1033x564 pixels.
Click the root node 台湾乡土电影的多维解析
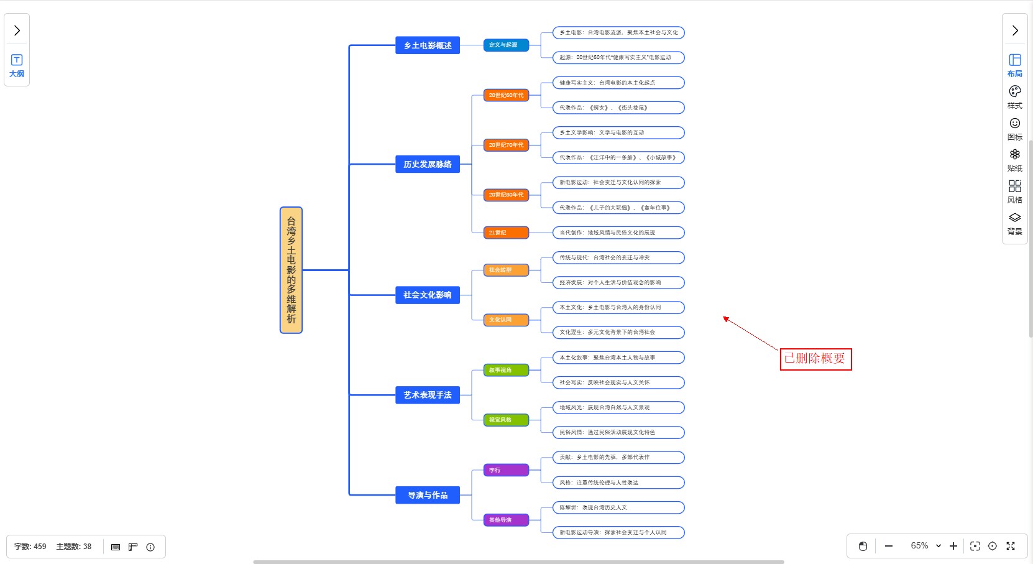[291, 270]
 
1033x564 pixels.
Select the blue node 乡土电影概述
[428, 45]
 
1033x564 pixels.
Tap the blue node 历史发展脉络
[428, 164]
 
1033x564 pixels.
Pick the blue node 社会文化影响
[428, 295]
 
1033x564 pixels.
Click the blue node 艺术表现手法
[428, 395]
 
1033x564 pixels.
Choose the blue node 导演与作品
[428, 495]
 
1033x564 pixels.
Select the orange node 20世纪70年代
[506, 145]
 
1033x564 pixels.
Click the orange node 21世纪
[506, 233]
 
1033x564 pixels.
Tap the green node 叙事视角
[506, 370]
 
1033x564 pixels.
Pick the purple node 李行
[506, 470]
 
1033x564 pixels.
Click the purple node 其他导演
[506, 520]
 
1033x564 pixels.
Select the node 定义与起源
[506, 45]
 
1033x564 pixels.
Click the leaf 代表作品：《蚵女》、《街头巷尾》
[618, 108]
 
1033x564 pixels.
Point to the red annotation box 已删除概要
[815, 359]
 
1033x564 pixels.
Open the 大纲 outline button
[17, 65]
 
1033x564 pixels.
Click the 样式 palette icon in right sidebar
[1015, 96]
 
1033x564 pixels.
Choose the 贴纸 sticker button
[1015, 160]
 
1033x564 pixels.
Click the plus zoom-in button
[953, 546]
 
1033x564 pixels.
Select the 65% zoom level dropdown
[925, 546]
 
